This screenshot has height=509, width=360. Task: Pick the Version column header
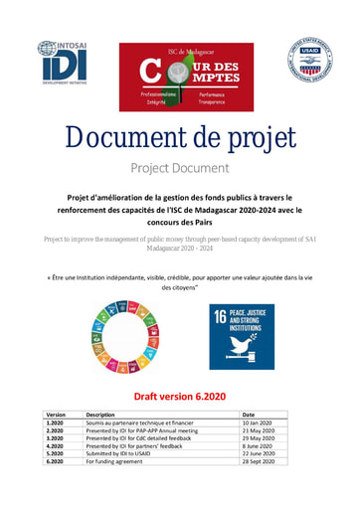56,415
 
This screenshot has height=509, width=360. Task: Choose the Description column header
101,415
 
